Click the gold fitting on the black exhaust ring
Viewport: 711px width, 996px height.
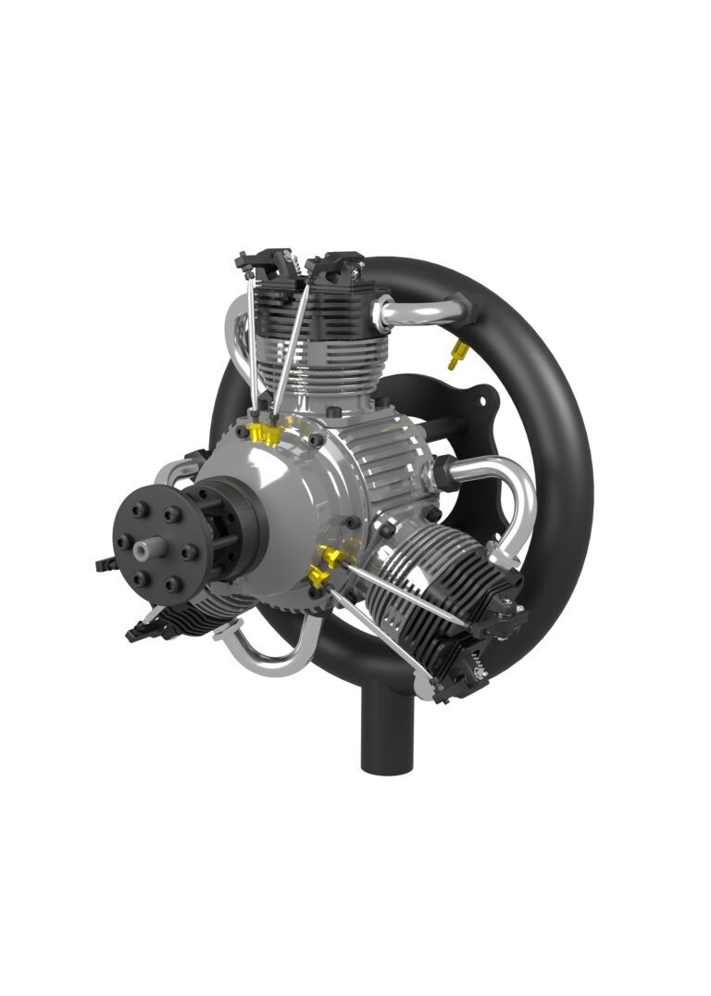point(455,353)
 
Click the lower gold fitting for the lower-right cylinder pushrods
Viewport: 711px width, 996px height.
point(318,579)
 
